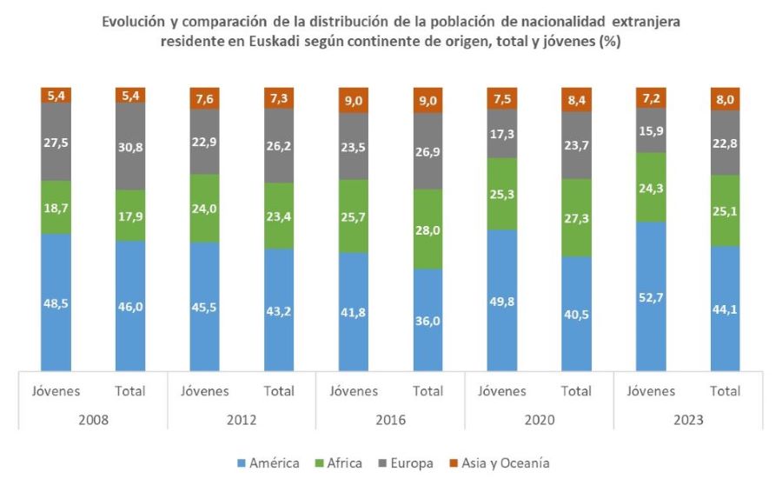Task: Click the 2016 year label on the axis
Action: [x=390, y=418]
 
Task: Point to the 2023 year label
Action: [x=687, y=418]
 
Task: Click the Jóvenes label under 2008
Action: [x=56, y=391]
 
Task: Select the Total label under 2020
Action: [x=576, y=391]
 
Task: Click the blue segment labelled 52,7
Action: [x=651, y=296]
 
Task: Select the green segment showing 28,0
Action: [x=427, y=229]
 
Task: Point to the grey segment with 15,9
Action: [x=651, y=130]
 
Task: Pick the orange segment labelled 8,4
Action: [x=576, y=98]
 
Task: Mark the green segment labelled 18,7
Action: [x=56, y=208]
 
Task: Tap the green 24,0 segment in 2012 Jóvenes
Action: [x=205, y=209]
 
